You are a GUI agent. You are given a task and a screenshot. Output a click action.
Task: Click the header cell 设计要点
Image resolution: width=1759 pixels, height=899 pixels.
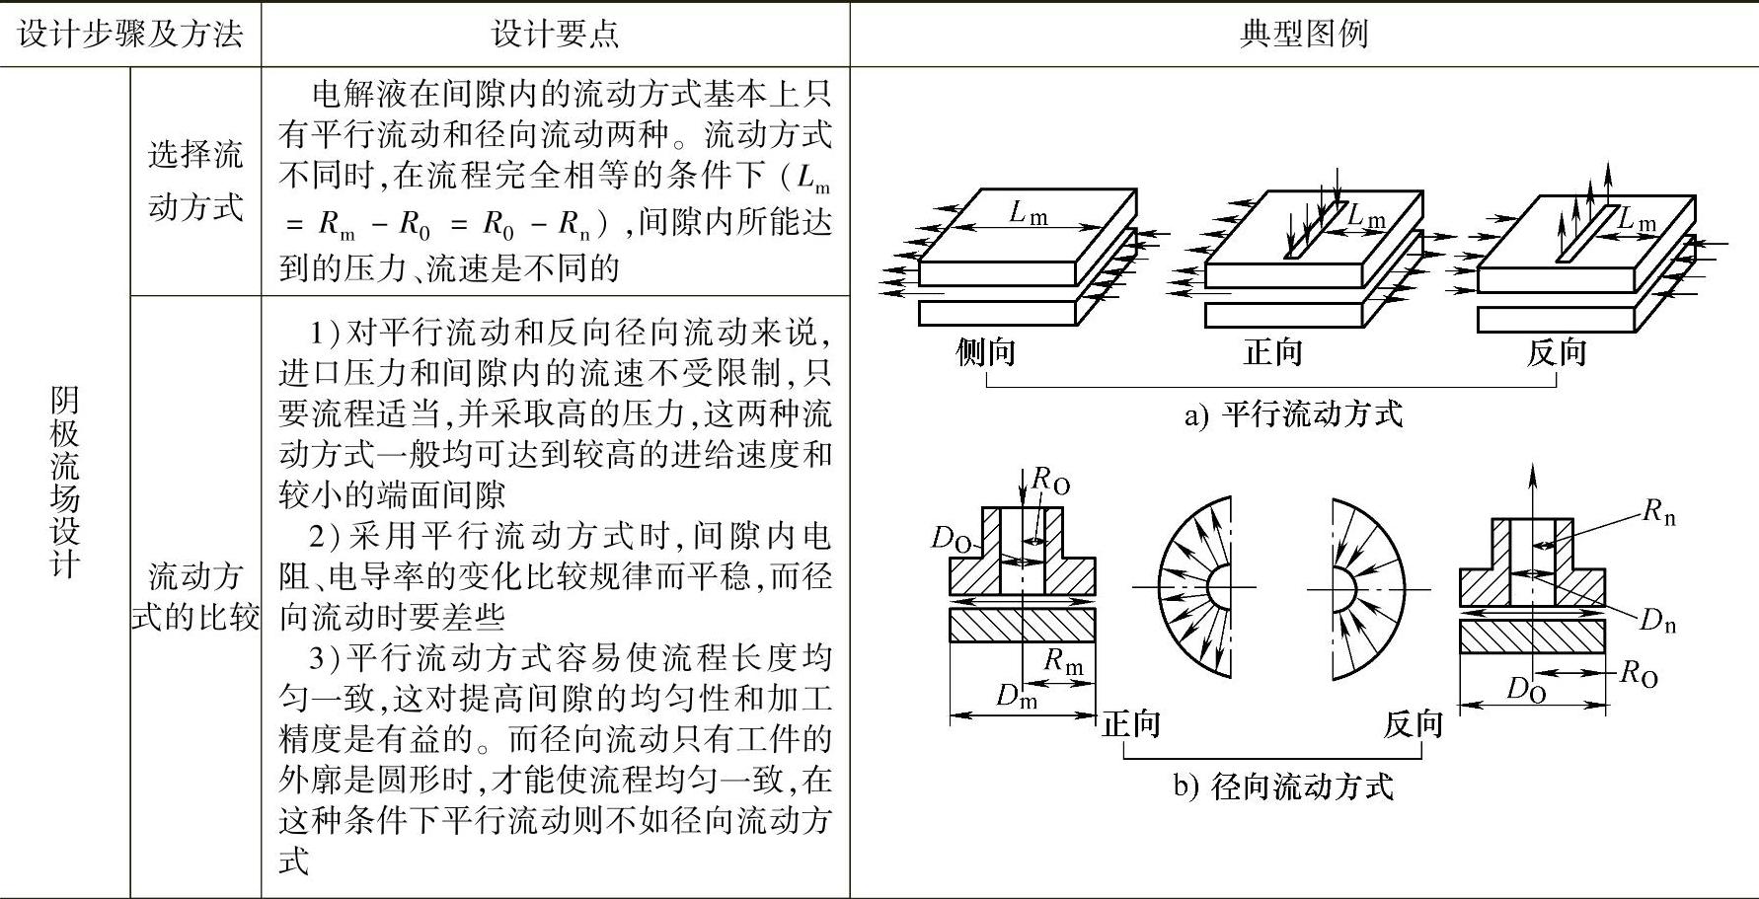point(555,35)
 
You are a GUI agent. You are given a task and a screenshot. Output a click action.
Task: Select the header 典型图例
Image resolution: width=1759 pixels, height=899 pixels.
point(1303,35)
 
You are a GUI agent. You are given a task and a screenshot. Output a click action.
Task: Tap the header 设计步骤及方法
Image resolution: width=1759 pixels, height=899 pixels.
point(130,35)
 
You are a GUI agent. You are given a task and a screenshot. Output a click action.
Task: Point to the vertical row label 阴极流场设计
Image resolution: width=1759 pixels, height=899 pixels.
point(64,482)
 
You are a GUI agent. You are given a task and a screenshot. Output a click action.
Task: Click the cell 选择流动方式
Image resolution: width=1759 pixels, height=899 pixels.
point(195,181)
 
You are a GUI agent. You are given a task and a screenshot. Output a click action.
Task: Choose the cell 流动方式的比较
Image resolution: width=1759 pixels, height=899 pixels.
point(195,596)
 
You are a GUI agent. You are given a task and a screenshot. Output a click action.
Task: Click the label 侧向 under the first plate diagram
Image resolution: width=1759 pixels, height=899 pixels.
point(985,351)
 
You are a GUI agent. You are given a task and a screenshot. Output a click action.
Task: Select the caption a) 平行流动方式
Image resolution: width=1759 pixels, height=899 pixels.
point(1293,413)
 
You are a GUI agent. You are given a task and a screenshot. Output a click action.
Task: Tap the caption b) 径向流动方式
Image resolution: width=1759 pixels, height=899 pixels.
point(1283,787)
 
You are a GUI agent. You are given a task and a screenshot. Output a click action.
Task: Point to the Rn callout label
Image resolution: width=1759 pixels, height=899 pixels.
point(1658,511)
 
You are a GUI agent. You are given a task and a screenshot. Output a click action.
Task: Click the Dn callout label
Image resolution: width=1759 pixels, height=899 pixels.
point(1657,621)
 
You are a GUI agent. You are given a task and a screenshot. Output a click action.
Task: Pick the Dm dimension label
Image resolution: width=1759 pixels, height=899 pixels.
point(1017,696)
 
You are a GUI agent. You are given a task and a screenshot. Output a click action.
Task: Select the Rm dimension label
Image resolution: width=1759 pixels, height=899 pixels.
point(1063,661)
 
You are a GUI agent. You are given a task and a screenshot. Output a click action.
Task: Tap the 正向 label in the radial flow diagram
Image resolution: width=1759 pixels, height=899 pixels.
point(1131,724)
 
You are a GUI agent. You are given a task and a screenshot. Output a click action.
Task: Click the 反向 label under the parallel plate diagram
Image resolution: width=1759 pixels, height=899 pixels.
point(1557,351)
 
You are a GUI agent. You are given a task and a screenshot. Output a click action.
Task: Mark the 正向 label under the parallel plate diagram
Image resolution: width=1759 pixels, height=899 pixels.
point(1272,351)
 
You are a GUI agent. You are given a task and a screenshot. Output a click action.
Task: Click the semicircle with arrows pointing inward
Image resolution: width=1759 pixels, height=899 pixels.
point(1366,588)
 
